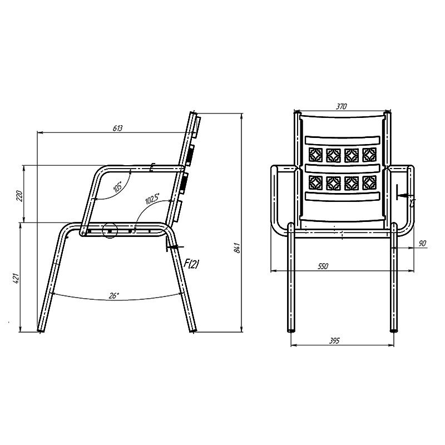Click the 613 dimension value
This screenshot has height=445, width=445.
[118, 128]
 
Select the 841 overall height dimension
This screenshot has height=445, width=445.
[238, 248]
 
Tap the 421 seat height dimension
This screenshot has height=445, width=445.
[16, 279]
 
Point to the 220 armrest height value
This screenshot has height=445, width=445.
[19, 196]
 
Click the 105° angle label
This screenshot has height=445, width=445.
[118, 187]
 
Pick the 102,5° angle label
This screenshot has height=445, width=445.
[152, 199]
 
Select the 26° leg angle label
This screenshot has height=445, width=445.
[113, 296]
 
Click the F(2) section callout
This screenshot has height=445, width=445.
[191, 264]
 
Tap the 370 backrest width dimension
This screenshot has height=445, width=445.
[342, 106]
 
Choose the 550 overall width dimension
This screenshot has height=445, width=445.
[323, 266]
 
